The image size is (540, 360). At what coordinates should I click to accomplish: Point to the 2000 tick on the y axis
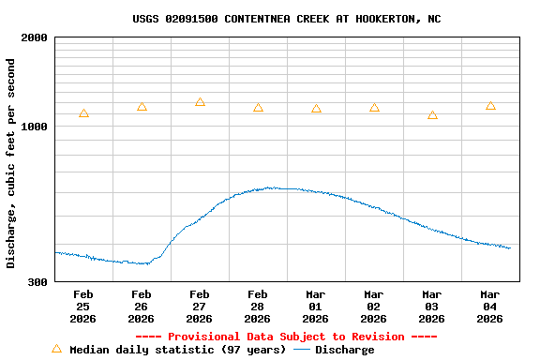[x=35, y=38]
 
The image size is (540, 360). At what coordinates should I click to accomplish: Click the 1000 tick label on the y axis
[x=35, y=127]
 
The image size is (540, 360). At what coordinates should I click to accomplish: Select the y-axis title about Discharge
[x=11, y=163]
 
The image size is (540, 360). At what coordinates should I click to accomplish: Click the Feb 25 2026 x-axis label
[x=82, y=307]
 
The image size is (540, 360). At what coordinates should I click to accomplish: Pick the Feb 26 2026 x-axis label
[x=141, y=307]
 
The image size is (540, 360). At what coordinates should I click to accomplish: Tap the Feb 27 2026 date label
[x=199, y=307]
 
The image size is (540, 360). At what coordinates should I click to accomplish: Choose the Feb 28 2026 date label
[x=257, y=307]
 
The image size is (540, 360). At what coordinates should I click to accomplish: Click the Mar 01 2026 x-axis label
[x=315, y=307]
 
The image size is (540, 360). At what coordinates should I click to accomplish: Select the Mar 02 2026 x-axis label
[x=373, y=307]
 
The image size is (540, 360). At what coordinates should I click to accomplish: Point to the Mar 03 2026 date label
[x=431, y=307]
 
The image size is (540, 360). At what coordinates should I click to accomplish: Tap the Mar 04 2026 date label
[x=489, y=307]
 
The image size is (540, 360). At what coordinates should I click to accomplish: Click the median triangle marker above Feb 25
[x=83, y=113]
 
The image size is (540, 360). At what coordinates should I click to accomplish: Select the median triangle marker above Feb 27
[x=200, y=102]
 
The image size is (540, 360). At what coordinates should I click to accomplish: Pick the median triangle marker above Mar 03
[x=432, y=115]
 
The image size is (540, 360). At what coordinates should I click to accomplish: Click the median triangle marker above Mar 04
[x=490, y=106]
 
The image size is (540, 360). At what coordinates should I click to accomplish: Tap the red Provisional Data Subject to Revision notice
[x=286, y=337]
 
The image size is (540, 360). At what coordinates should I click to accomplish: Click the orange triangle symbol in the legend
[x=56, y=349]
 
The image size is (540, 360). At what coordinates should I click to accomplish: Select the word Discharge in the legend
[x=344, y=350]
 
